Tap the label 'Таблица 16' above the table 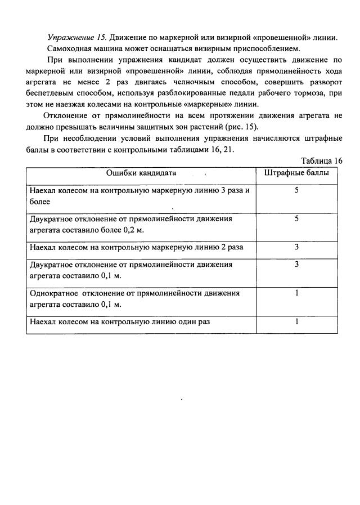(x=322, y=160)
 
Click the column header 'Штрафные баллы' (x=296, y=173)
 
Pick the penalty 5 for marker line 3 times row (x=296, y=190)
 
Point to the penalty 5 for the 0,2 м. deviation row (x=296, y=218)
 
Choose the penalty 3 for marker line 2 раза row (x=296, y=247)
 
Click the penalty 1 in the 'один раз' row (x=296, y=322)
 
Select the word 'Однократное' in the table (x=53, y=293)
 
